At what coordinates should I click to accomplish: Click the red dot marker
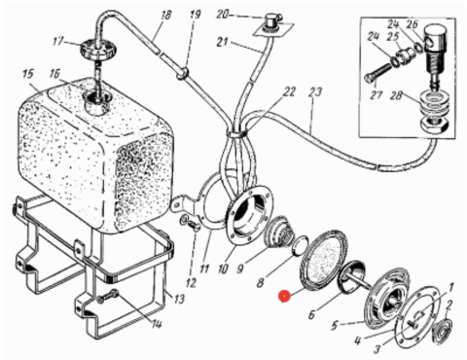(x=284, y=296)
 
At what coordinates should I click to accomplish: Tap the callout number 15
(x=28, y=74)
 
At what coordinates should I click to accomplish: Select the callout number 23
(x=314, y=92)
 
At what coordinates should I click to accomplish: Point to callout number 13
(x=179, y=299)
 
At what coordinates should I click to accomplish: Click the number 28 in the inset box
(x=397, y=95)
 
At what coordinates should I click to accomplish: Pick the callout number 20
(x=223, y=15)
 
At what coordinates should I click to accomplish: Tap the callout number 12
(x=192, y=283)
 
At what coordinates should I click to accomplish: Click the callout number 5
(x=335, y=325)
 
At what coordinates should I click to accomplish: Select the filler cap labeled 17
(x=90, y=49)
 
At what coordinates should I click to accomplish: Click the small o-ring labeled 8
(x=299, y=245)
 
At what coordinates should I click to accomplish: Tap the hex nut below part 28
(x=435, y=125)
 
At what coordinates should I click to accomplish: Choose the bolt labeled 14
(x=109, y=297)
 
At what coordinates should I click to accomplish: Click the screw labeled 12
(x=189, y=224)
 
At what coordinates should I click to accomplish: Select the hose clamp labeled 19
(x=182, y=73)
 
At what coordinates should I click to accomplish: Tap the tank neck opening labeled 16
(x=96, y=99)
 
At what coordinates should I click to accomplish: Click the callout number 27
(x=377, y=95)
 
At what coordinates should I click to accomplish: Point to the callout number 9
(x=240, y=269)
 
